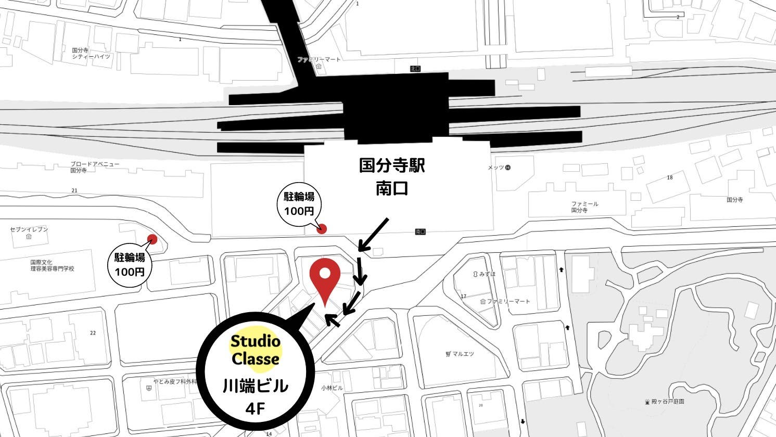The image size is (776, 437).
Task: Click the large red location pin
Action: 325,278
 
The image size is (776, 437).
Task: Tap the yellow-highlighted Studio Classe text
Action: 256,350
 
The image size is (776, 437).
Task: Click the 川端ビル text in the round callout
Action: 256,387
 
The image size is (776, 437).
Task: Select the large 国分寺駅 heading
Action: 392,166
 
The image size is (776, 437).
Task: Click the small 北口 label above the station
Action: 415,69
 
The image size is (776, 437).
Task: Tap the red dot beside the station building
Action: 322,228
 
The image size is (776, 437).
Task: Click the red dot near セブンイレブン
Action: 152,239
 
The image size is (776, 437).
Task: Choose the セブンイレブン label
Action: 29,229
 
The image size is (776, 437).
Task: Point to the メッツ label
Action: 496,168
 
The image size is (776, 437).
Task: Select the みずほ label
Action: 487,274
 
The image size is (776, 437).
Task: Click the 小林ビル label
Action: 332,388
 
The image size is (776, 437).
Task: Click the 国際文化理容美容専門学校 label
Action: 52,266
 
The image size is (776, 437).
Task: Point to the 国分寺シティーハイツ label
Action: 91,53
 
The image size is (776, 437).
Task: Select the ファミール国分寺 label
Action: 584,207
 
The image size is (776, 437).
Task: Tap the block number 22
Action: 93,333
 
